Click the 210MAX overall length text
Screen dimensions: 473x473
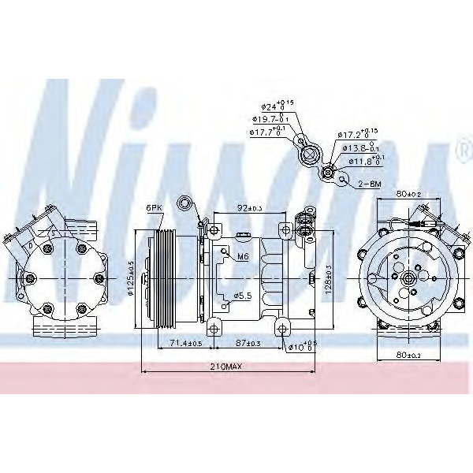[x=227, y=367]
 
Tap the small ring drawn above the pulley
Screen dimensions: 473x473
[x=186, y=203]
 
